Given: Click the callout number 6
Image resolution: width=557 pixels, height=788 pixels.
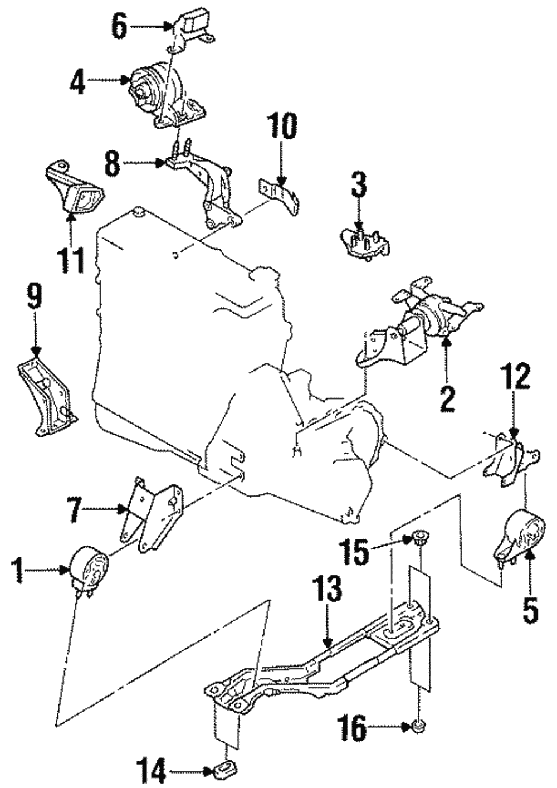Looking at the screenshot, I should click(119, 26).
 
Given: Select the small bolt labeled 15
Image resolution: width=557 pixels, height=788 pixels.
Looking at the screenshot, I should click(418, 538).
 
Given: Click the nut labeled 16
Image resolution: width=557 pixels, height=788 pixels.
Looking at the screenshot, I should click(418, 726).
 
